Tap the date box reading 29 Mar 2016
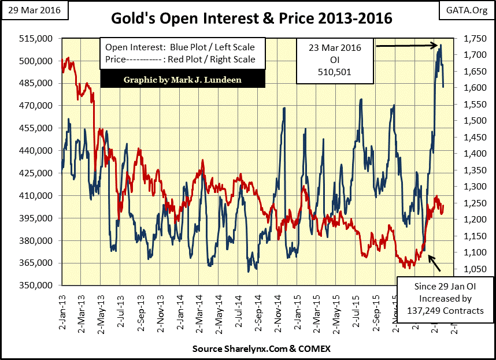click(35, 10)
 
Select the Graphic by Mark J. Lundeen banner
click(183, 79)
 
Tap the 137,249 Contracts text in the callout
click(443, 311)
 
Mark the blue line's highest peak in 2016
click(441, 45)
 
